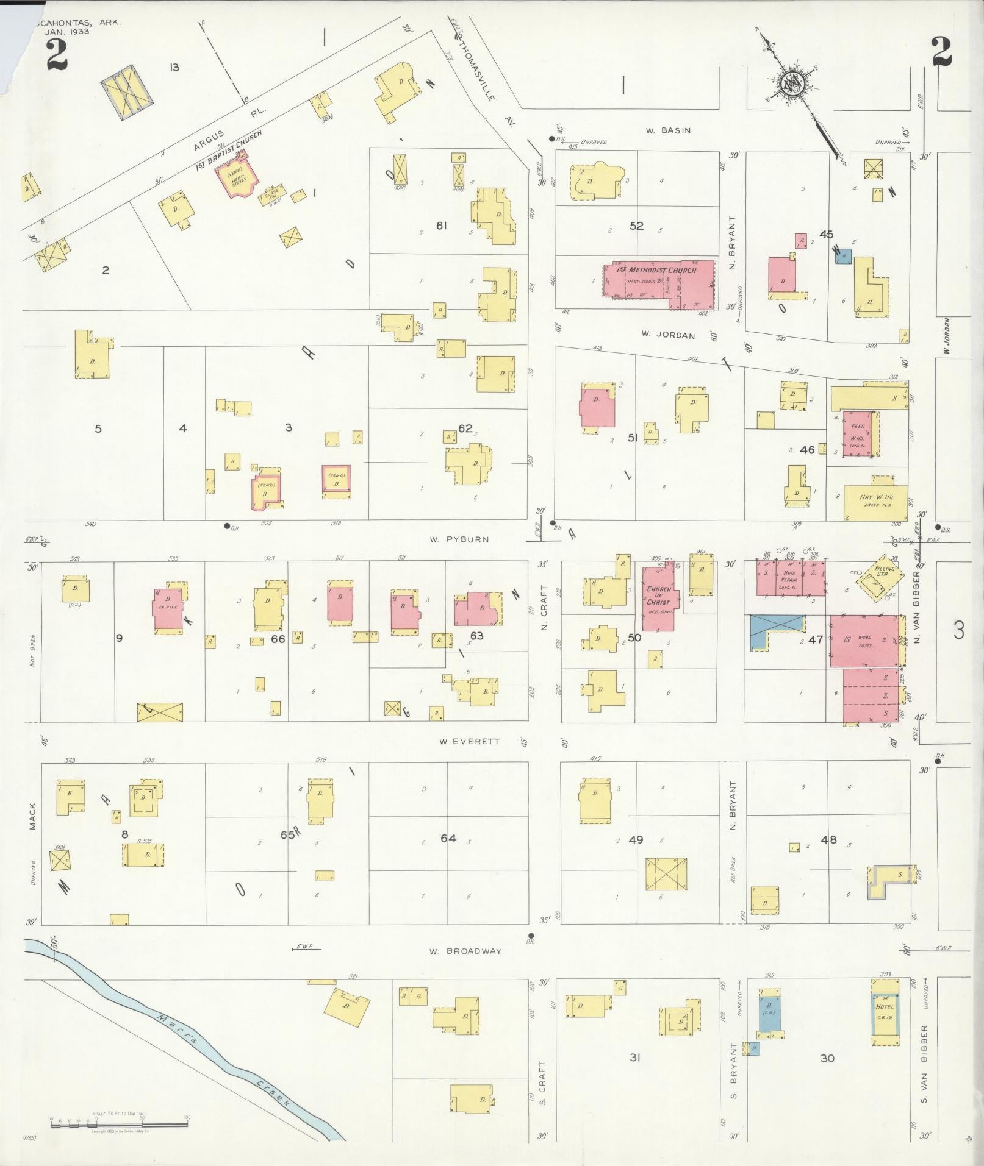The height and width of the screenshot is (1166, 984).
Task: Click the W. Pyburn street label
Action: coord(459,539)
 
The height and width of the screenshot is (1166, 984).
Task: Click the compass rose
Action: coord(792,84)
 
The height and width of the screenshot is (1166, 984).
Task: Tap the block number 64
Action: coord(448,839)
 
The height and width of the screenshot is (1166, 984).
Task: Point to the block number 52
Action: coord(636,226)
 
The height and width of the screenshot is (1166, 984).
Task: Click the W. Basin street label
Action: coord(668,130)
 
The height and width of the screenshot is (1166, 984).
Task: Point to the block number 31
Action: coord(635,1058)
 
